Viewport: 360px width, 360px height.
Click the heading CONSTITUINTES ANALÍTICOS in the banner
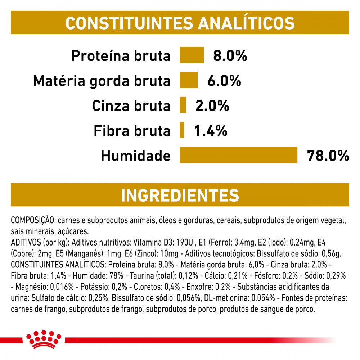coord(180,23)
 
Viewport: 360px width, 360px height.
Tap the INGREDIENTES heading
coord(180,195)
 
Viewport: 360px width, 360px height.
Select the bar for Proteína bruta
coord(192,55)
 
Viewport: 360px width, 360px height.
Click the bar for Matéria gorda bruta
coord(189,80)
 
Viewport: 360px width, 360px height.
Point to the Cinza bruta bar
coord(183,105)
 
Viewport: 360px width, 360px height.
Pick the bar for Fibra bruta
coord(182,130)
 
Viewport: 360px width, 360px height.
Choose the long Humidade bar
coord(239,155)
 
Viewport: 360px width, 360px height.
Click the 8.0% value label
coord(230,56)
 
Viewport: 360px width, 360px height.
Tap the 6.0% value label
coord(224,81)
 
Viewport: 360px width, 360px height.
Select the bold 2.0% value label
coord(212,106)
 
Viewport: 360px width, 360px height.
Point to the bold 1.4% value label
coord(211,131)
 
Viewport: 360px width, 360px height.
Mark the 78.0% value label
coord(328,156)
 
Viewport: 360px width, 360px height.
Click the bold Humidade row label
coord(136,156)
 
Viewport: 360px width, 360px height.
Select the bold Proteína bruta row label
coord(121,56)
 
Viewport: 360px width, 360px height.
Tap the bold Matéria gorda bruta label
coord(102,81)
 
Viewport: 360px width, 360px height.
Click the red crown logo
coord(43,339)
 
